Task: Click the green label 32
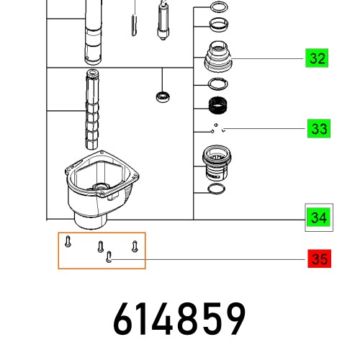[x=317, y=58]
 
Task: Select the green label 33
[x=317, y=129]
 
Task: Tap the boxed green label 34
[x=317, y=216]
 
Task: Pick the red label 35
[x=317, y=258]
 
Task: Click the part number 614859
[x=180, y=319]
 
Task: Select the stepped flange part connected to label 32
[x=217, y=57]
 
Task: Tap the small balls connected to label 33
[x=217, y=130]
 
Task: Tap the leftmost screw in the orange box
[x=66, y=241]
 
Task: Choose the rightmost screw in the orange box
[x=135, y=246]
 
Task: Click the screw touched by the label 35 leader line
[x=108, y=257]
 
